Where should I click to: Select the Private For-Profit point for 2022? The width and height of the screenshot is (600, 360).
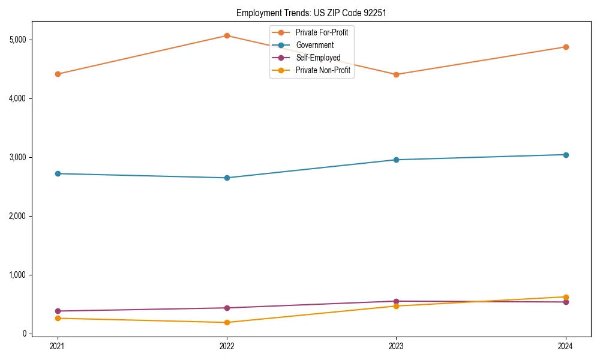pyautogui.click(x=227, y=35)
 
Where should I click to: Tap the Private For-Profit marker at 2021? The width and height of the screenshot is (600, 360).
pyautogui.click(x=58, y=74)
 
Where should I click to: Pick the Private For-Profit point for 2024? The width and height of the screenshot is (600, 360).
pyautogui.click(x=566, y=47)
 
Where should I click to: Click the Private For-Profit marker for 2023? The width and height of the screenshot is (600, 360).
pyautogui.click(x=396, y=74)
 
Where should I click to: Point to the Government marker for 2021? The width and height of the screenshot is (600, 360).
pyautogui.click(x=58, y=173)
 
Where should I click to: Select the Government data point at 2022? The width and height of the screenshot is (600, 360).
pyautogui.click(x=227, y=178)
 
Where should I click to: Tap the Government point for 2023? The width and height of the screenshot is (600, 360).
pyautogui.click(x=396, y=160)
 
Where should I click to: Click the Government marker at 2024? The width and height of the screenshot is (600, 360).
pyautogui.click(x=566, y=155)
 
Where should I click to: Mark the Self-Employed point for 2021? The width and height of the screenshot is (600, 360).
pyautogui.click(x=58, y=311)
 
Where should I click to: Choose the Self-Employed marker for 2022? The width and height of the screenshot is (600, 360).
pyautogui.click(x=227, y=308)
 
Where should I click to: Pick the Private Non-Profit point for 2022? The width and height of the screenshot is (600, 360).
pyautogui.click(x=227, y=322)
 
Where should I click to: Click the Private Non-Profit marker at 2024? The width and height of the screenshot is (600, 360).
pyautogui.click(x=566, y=297)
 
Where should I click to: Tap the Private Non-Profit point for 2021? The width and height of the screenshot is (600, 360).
pyautogui.click(x=58, y=318)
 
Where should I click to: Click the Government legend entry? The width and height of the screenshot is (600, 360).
pyautogui.click(x=314, y=45)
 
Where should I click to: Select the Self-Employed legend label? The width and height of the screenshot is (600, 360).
pyautogui.click(x=318, y=58)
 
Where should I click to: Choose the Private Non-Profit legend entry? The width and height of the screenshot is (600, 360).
pyautogui.click(x=323, y=70)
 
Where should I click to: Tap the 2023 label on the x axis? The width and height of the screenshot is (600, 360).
pyautogui.click(x=396, y=346)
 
